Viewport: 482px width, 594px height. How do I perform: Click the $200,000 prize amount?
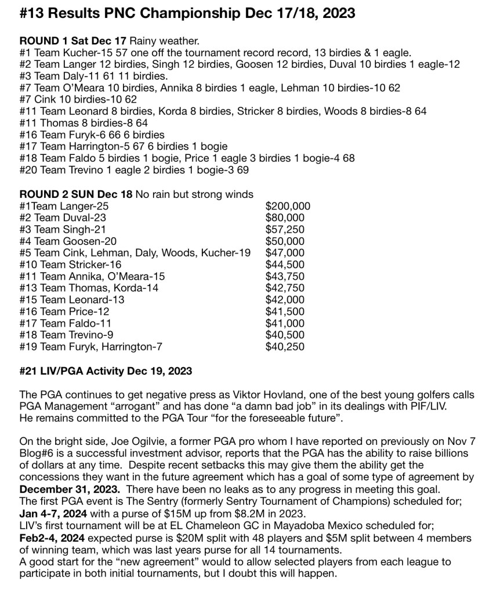pyautogui.click(x=288, y=206)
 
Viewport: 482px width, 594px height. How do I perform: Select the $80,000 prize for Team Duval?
pyautogui.click(x=284, y=218)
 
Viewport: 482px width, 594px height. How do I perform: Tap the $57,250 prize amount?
pyautogui.click(x=284, y=230)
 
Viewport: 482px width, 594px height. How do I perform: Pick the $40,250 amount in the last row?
pyautogui.click(x=284, y=347)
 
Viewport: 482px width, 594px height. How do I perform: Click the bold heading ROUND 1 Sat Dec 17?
pyautogui.click(x=73, y=41)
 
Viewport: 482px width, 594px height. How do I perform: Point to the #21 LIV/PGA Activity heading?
pyautogui.click(x=106, y=371)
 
